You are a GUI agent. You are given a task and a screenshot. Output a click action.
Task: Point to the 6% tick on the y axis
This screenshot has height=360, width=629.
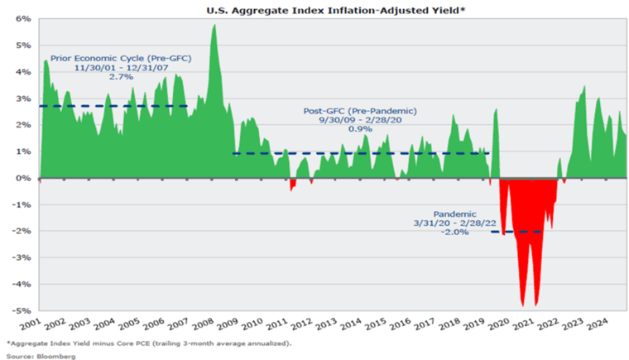24,18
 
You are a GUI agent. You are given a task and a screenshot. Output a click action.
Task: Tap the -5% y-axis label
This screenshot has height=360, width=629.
22,310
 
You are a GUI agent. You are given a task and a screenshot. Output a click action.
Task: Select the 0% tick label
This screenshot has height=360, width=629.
24,178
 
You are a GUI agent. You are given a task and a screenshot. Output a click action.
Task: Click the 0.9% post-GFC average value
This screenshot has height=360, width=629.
361,129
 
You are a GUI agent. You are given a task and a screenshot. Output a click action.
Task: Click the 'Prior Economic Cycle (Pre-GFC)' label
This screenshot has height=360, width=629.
120,60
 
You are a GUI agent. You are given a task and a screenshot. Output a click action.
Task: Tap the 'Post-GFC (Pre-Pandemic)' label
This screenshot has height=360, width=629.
361,110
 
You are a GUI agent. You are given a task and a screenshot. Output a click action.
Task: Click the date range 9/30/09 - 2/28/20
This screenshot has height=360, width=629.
361,120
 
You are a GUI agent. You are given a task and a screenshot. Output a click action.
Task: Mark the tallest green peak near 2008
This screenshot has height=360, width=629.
214,26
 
